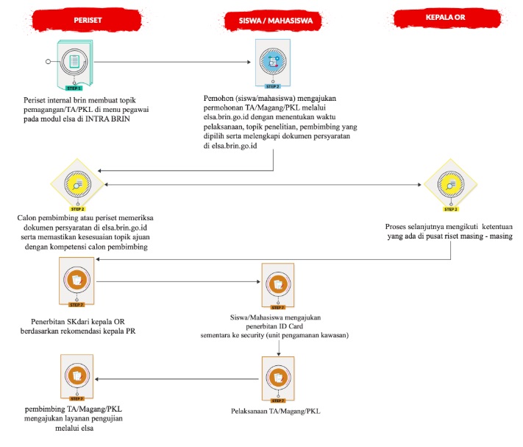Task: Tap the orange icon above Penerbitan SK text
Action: click(x=76, y=281)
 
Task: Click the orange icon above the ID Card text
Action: click(x=279, y=284)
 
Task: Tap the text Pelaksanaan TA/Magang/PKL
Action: click(x=277, y=410)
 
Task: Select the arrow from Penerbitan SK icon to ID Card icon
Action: click(x=177, y=281)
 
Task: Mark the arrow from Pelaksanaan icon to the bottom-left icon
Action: click(x=177, y=379)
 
